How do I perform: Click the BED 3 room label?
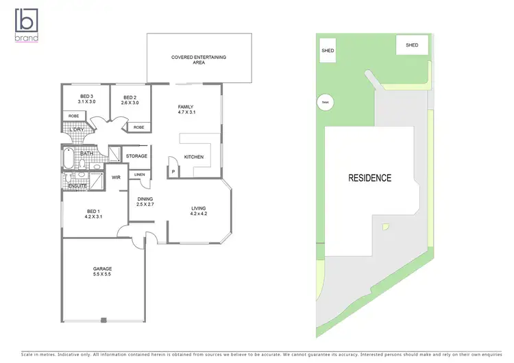pyautogui.click(x=87, y=96)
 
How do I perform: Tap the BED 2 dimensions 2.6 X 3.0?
pyautogui.click(x=130, y=103)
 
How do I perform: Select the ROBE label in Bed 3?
pyautogui.click(x=73, y=116)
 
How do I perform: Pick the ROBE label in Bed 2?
pyautogui.click(x=138, y=127)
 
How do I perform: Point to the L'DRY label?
pyautogui.click(x=77, y=129)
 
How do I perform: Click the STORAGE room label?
pyautogui.click(x=136, y=156)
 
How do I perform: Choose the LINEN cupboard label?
pyautogui.click(x=139, y=175)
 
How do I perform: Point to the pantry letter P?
pyautogui.click(x=173, y=171)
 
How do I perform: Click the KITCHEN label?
pyautogui.click(x=194, y=158)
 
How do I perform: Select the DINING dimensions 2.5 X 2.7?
pyautogui.click(x=145, y=204)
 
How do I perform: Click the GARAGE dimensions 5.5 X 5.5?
pyautogui.click(x=103, y=274)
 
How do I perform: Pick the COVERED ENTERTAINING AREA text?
pyautogui.click(x=199, y=60)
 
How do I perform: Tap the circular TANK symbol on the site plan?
pyautogui.click(x=324, y=103)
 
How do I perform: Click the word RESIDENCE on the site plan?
pyautogui.click(x=369, y=178)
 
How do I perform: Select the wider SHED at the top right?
pyautogui.click(x=412, y=45)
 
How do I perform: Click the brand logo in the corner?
pyautogui.click(x=27, y=24)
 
